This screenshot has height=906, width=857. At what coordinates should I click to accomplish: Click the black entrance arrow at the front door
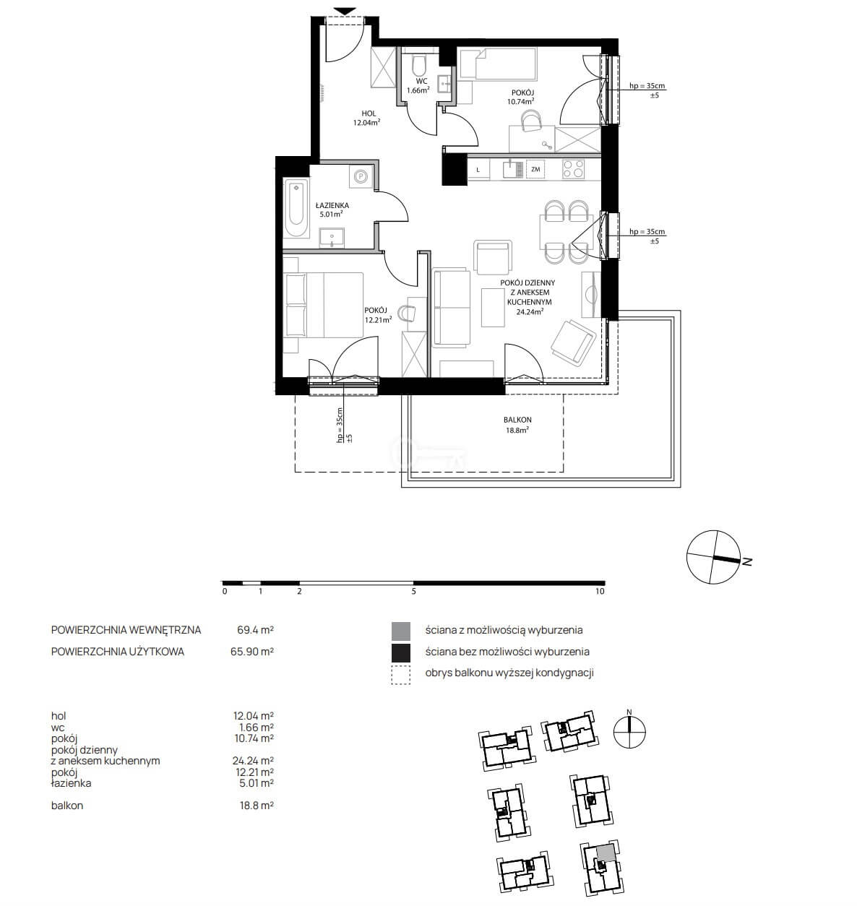coord(345,12)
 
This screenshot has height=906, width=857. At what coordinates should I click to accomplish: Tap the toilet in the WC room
coord(419,66)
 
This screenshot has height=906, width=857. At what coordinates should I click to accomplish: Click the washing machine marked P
coord(361,176)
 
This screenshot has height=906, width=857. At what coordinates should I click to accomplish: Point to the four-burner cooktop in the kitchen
coord(573,169)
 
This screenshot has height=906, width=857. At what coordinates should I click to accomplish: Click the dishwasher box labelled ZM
coord(535,169)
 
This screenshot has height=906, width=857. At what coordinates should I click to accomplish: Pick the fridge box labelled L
coord(478,170)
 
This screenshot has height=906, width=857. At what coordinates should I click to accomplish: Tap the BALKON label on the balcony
coord(517,420)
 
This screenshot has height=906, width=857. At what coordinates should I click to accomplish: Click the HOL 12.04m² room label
coord(367,118)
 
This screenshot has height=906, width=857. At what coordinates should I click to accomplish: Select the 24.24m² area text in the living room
coord(530,311)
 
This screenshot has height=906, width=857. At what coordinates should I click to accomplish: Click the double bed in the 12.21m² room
coord(323,305)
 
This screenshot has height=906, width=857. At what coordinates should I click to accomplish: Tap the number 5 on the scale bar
coord(413,591)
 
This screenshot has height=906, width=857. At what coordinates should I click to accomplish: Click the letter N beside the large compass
coord(747,561)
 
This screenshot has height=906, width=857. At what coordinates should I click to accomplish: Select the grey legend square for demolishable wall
coord(400,631)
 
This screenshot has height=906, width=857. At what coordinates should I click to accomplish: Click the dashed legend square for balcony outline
coord(400,675)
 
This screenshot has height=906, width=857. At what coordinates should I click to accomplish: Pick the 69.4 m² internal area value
coord(255,629)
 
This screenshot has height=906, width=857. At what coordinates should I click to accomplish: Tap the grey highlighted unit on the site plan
coord(606,853)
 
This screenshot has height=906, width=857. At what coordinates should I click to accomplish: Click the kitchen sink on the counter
coord(512,168)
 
